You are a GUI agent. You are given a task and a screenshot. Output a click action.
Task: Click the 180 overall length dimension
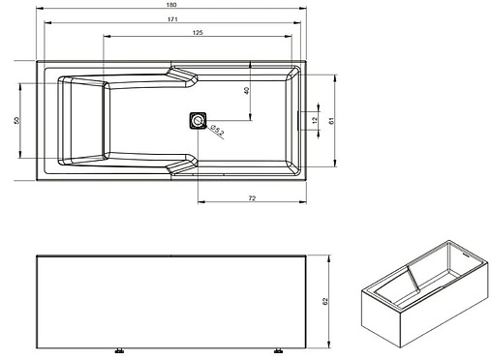[170, 7]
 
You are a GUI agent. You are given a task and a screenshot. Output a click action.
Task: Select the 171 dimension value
[170, 20]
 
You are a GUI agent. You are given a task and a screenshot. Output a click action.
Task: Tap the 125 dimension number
[197, 34]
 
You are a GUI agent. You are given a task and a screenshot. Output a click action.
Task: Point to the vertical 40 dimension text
[246, 90]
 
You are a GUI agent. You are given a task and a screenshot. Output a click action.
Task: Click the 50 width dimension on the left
[15, 120]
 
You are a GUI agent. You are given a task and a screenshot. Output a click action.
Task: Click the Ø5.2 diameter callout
[217, 133]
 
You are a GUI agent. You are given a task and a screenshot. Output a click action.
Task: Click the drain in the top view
[198, 121]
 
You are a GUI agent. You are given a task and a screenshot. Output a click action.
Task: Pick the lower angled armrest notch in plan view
[181, 166]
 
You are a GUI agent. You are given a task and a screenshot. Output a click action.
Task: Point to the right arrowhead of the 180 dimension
[302, 13]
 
